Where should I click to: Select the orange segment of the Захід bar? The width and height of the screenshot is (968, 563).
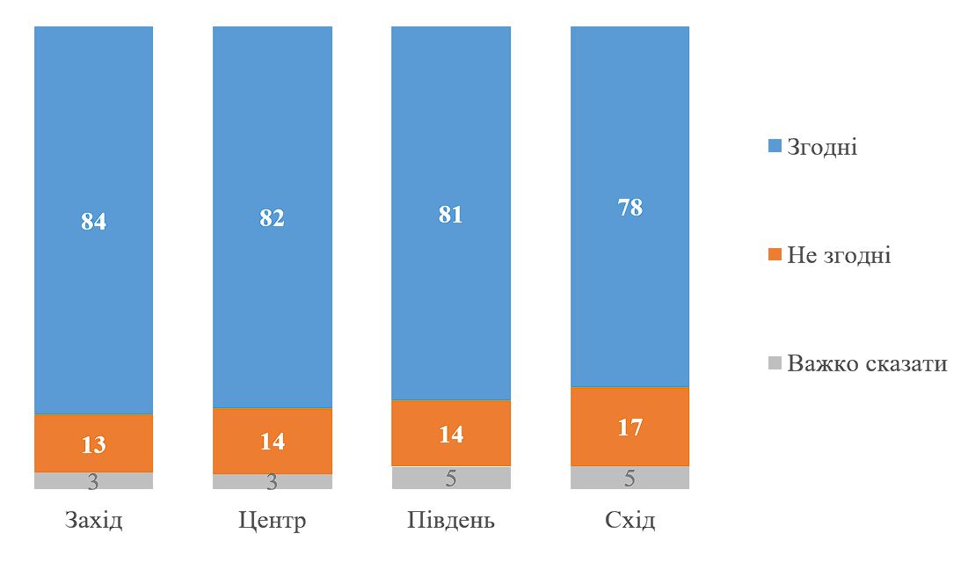point(93,442)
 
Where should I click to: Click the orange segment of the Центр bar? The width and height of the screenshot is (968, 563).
point(272,441)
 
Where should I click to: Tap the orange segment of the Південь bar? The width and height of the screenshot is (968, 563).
point(450,433)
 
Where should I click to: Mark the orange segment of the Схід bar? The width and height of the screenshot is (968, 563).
point(630,426)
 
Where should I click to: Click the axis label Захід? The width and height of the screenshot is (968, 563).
point(93,520)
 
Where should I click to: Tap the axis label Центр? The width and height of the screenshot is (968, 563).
point(272,520)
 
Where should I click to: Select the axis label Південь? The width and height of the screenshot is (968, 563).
point(450,520)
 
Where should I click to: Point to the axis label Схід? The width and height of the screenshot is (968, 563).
point(630,520)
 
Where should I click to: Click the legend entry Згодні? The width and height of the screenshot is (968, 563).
point(821,147)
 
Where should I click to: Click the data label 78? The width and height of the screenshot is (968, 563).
point(630,208)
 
